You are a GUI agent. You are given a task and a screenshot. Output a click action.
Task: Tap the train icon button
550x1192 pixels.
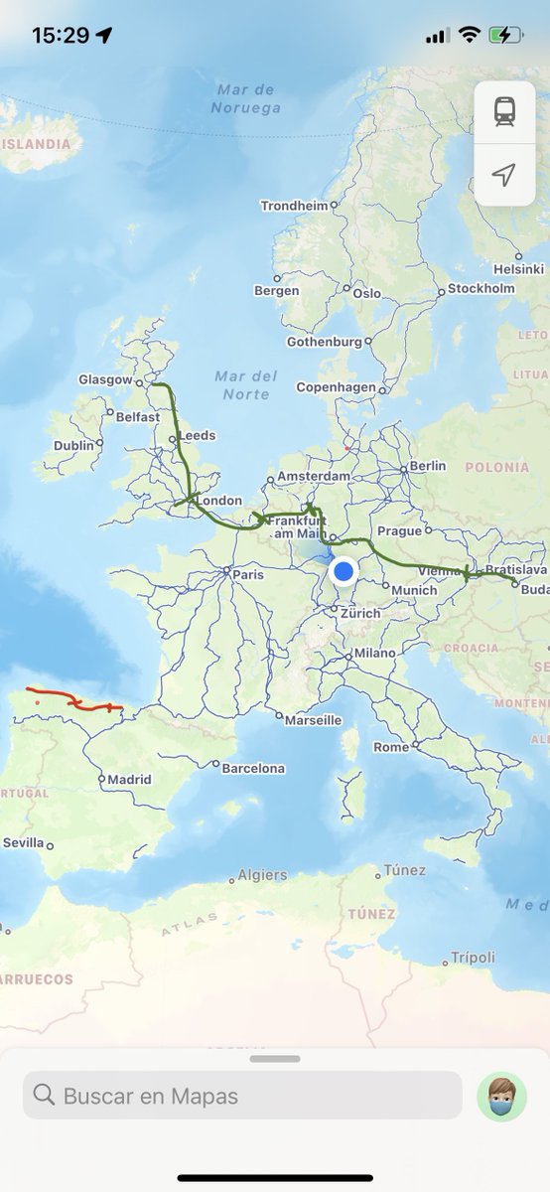pyautogui.click(x=504, y=112)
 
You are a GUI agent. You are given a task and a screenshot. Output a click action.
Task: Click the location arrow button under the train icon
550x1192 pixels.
pyautogui.click(x=504, y=176)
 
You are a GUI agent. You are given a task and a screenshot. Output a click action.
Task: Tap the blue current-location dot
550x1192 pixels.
pyautogui.click(x=344, y=571)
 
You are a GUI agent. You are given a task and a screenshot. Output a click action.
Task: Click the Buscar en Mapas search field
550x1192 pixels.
pyautogui.click(x=242, y=1096)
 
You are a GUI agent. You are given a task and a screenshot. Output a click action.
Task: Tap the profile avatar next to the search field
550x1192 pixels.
pyautogui.click(x=501, y=1097)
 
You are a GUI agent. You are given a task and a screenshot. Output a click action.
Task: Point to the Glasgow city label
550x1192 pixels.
pyautogui.click(x=105, y=379)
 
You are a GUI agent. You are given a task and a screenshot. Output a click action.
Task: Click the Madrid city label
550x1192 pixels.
pyautogui.click(x=129, y=780)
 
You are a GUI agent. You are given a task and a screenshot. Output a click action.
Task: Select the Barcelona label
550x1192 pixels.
pyautogui.click(x=253, y=768)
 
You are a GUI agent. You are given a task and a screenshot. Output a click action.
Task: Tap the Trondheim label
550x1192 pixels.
pyautogui.click(x=294, y=206)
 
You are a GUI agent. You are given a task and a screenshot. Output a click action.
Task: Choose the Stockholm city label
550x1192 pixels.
pyautogui.click(x=481, y=289)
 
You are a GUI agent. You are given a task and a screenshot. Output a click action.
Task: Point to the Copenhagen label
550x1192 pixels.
pyautogui.click(x=336, y=387)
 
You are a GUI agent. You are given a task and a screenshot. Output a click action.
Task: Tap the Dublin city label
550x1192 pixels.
pyautogui.click(x=73, y=446)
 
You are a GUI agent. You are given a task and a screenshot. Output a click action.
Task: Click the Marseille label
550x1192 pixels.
pyautogui.click(x=313, y=720)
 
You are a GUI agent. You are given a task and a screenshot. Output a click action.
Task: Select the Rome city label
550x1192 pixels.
pyautogui.click(x=390, y=747)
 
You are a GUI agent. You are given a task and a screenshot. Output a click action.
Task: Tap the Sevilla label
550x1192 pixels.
pyautogui.click(x=23, y=842)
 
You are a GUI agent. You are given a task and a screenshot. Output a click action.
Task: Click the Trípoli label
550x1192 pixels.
pyautogui.click(x=473, y=958)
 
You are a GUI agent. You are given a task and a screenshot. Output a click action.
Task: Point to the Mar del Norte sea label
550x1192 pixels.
pyautogui.click(x=246, y=384)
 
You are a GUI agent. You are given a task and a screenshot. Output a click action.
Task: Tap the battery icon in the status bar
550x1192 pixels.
pyautogui.click(x=505, y=35)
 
